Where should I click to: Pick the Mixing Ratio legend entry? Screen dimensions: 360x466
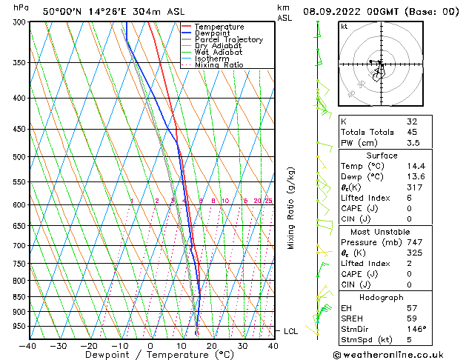tap(219, 65)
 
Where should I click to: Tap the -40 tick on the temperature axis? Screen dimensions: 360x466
tap(28, 345)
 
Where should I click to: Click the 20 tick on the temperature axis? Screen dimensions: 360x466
tap(212, 345)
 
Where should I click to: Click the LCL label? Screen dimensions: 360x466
tap(290, 331)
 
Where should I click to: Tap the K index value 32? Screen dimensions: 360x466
tap(412, 121)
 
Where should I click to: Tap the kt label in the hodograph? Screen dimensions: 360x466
tap(344, 27)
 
